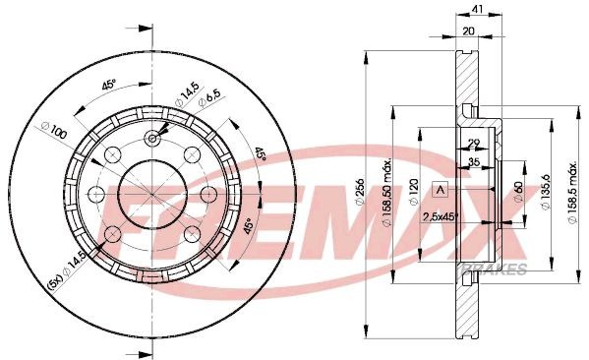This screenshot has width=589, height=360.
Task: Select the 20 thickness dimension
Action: click(x=471, y=30)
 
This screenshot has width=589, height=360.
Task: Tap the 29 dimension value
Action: click(x=473, y=145)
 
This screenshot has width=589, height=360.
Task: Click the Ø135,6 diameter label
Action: click(x=544, y=188)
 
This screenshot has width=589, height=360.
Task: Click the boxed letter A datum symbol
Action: click(x=441, y=189)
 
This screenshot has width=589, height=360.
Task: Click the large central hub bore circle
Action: click(x=152, y=191)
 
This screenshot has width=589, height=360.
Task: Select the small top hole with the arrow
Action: click(x=152, y=139)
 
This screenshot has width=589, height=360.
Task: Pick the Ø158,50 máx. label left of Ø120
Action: click(x=389, y=187)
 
